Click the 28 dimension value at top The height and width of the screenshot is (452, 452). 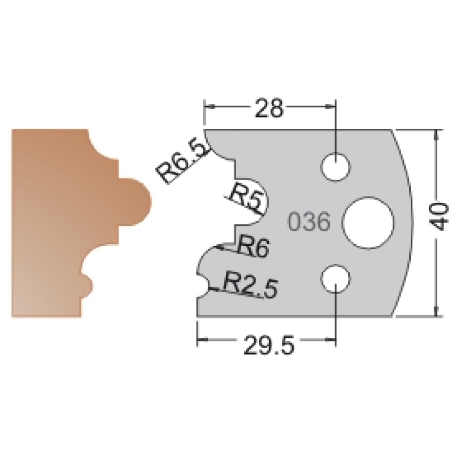tap(269, 108)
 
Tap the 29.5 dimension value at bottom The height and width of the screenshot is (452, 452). tap(269, 345)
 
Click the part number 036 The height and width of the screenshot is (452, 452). tap(309, 221)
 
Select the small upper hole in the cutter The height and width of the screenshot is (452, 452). tap(336, 167)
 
